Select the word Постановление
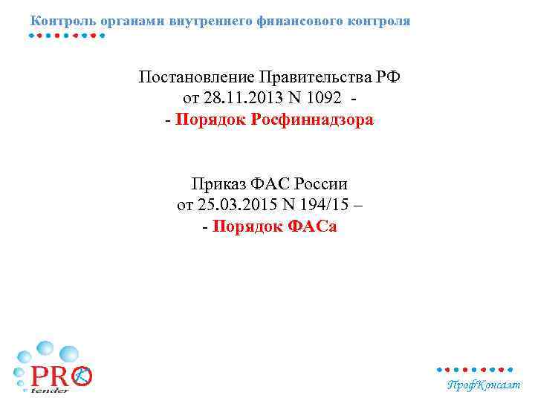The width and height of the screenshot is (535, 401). point(196,78)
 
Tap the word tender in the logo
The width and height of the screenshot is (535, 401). point(51,390)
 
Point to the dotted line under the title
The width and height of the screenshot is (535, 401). point(67,35)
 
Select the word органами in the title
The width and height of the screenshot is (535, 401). point(123,21)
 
